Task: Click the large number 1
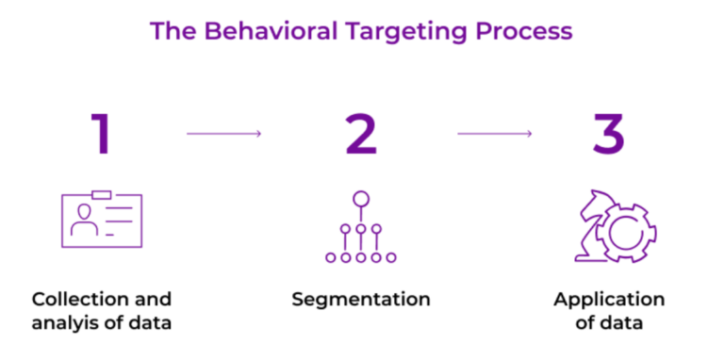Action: (x=100, y=134)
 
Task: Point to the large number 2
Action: (x=361, y=134)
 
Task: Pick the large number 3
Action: (x=608, y=134)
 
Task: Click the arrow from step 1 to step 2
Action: (x=223, y=134)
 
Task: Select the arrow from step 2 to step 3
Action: (x=494, y=134)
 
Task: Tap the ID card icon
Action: (x=101, y=221)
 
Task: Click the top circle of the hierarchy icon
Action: (x=360, y=199)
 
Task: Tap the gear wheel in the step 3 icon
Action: (x=627, y=231)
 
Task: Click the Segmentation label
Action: (x=361, y=300)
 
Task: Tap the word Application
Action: (x=609, y=300)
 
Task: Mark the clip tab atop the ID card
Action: (x=101, y=194)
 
